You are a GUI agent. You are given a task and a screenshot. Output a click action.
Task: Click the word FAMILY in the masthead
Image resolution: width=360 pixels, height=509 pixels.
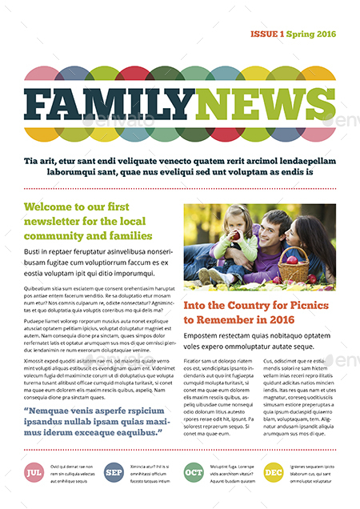(x=109, y=103)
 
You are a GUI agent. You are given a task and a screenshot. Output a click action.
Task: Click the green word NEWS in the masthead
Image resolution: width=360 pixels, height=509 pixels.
(x=264, y=103)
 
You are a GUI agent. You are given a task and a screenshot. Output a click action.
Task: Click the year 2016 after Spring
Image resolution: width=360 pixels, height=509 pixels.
(x=324, y=34)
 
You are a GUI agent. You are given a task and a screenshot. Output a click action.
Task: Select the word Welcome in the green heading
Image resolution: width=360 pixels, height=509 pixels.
(x=50, y=207)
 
